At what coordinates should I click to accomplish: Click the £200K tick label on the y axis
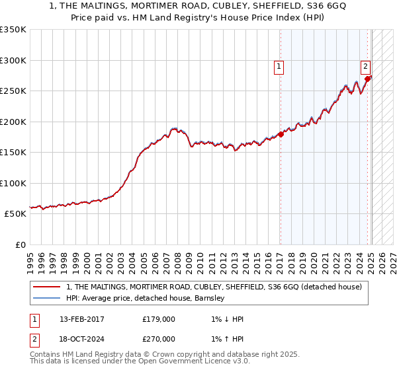[13, 122]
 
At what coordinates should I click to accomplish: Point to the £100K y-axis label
[13, 183]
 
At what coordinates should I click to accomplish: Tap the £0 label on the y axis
[19, 244]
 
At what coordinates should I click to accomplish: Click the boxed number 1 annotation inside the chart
[279, 66]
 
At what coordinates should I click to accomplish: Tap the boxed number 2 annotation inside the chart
[365, 66]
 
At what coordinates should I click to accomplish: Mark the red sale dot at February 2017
[281, 134]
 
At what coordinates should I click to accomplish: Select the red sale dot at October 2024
[367, 79]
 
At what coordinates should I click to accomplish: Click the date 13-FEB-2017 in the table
[81, 319]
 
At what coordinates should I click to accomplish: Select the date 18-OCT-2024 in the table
[81, 338]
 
